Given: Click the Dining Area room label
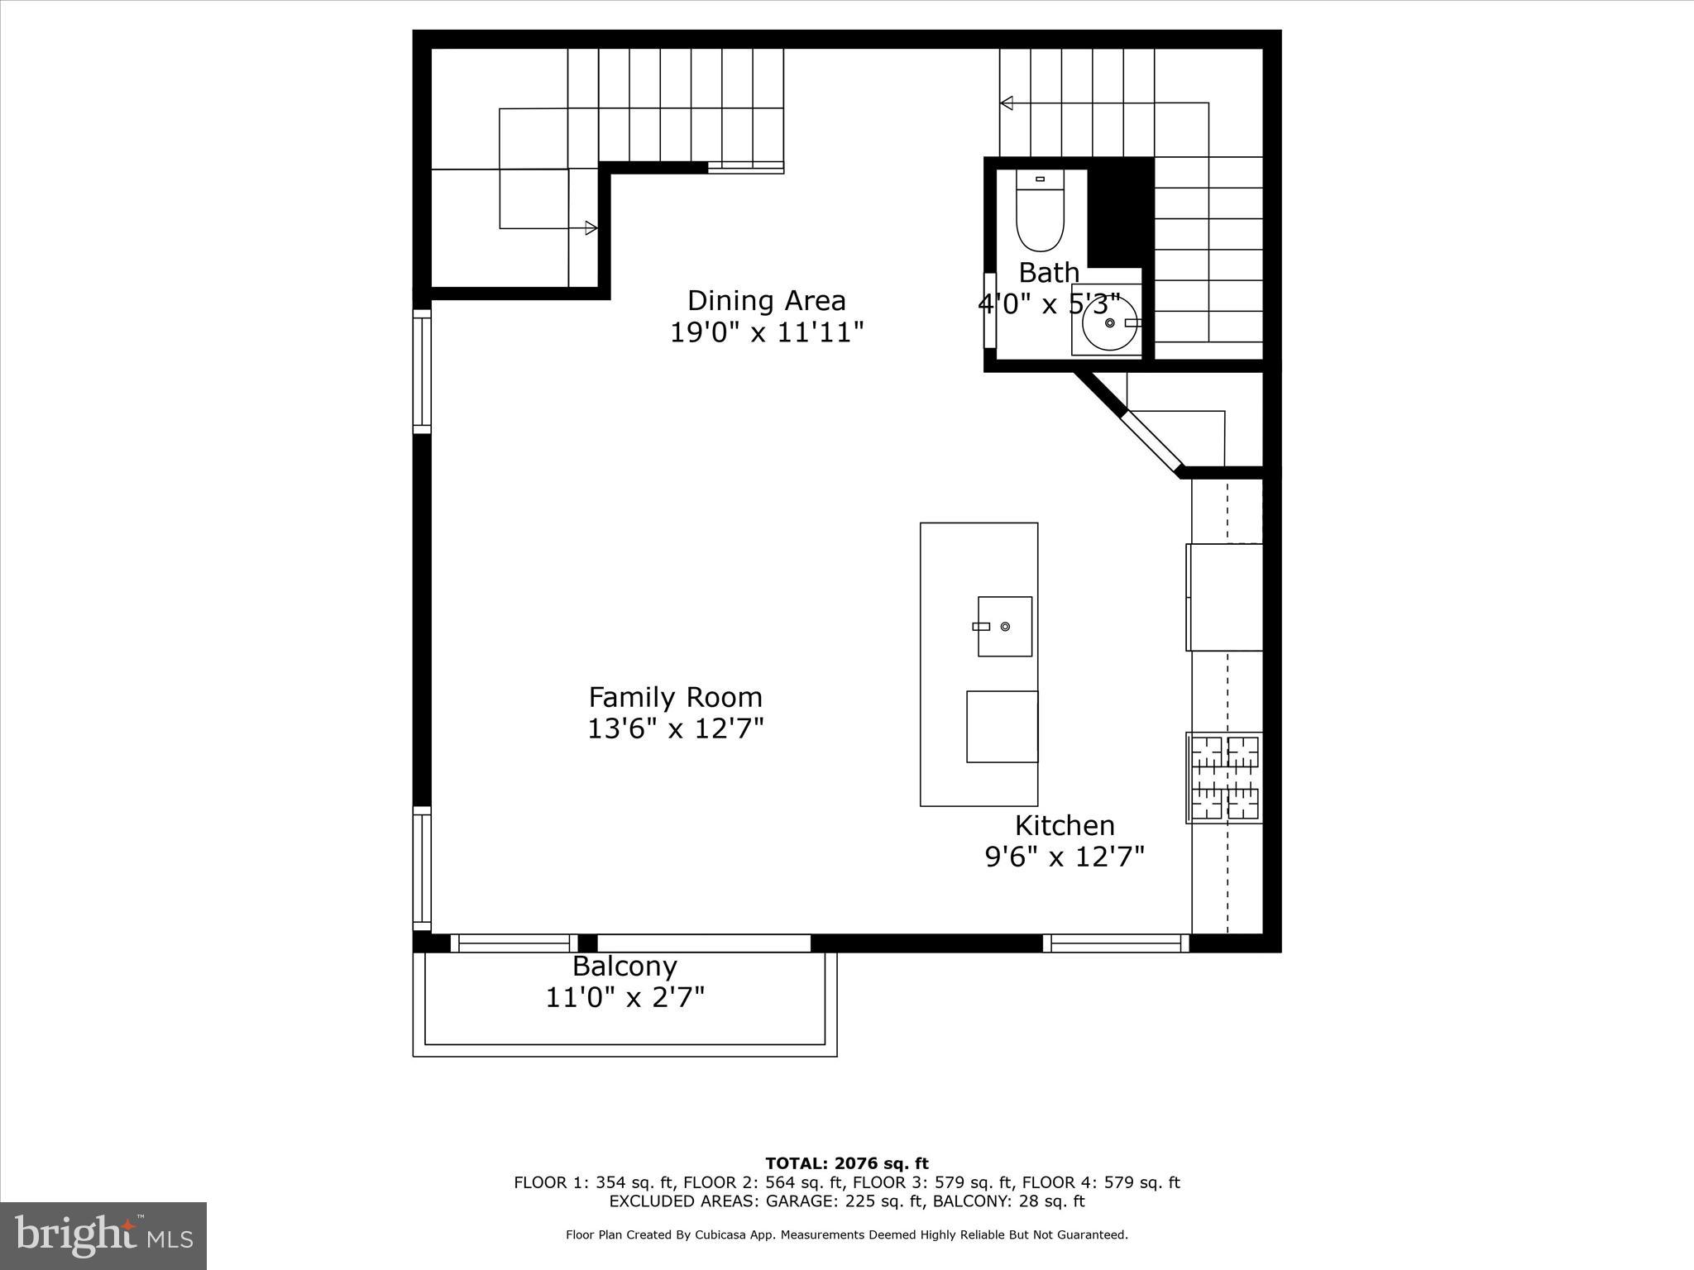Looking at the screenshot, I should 766,300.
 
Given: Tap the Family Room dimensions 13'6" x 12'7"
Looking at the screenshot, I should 675,729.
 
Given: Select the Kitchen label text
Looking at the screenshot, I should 1065,825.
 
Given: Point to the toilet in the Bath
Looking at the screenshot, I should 1040,213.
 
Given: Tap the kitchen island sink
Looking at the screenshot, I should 1005,627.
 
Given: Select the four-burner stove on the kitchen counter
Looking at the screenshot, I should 1225,777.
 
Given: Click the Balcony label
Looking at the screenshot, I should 624,966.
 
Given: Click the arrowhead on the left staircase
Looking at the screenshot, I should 591,228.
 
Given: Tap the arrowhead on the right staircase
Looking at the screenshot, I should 1007,103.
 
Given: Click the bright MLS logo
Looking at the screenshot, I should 103,1235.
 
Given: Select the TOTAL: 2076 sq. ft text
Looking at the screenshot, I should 846,1164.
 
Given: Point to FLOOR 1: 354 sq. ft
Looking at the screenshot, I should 594,1182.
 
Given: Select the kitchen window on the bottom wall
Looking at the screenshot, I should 1116,943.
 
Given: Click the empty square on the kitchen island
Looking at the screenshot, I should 1002,727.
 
